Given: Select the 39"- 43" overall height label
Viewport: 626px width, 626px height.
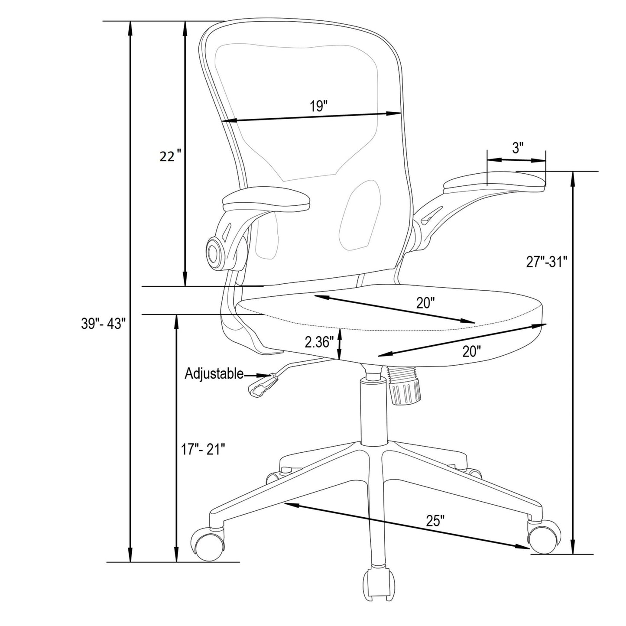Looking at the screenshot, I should click(x=104, y=324).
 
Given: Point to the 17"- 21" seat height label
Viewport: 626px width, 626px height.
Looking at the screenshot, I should click(x=203, y=449).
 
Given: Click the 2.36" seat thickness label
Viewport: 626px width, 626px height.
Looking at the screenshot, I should click(x=319, y=342).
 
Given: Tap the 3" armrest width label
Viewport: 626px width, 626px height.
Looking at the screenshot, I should click(x=518, y=148).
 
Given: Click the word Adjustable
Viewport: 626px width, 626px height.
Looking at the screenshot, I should click(x=214, y=373).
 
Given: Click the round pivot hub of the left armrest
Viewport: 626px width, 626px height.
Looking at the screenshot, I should click(x=214, y=252).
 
